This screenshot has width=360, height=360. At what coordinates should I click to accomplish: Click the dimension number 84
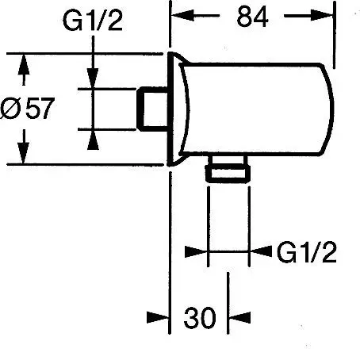pyautogui.click(x=252, y=17)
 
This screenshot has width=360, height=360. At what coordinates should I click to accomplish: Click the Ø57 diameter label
pyautogui.click(x=28, y=108)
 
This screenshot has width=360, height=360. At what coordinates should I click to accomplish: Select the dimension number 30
pyautogui.click(x=200, y=317)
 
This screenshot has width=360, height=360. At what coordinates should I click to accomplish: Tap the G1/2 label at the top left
pyautogui.click(x=93, y=21)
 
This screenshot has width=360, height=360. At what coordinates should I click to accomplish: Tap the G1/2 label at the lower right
pyautogui.click(x=307, y=252)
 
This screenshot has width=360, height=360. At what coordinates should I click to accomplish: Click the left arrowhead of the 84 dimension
pyautogui.click(x=182, y=16)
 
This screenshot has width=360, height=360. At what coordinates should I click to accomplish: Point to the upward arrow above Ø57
pyautogui.click(x=24, y=70)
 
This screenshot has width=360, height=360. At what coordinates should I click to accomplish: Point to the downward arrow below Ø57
pyautogui.click(x=24, y=147)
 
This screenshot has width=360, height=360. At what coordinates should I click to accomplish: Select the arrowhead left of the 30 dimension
pyautogui.click(x=158, y=317)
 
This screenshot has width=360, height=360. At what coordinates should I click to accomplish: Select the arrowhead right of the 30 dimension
pyautogui.click(x=239, y=317)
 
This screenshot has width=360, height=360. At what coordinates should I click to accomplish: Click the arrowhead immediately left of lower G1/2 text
pyautogui.click(x=261, y=251)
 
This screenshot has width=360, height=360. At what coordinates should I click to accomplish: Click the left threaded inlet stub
pyautogui.click(x=152, y=109)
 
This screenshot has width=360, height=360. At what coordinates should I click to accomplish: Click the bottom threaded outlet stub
pyautogui.click(x=228, y=169)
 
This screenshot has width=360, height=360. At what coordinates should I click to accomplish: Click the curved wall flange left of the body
pyautogui.click(x=178, y=109)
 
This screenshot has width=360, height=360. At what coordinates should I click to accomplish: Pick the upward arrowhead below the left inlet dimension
pyautogui.click(x=93, y=140)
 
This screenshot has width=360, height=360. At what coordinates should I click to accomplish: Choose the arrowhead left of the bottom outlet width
pyautogui.click(x=196, y=251)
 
